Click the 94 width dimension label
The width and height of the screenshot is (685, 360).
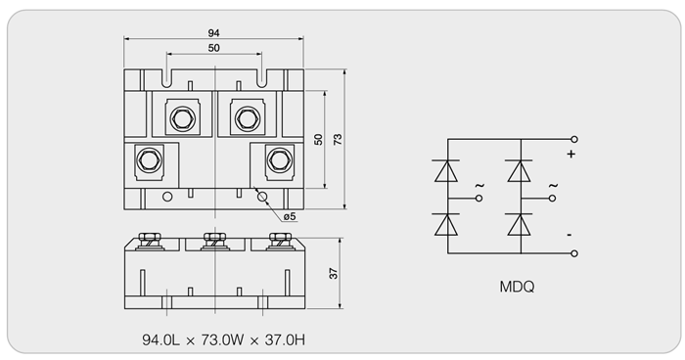pyautogui.click(x=213, y=33)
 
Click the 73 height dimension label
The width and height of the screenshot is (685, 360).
pyautogui.click(x=338, y=139)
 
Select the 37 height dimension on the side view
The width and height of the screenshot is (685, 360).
pyautogui.click(x=334, y=274)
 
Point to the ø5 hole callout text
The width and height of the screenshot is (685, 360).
pyautogui.click(x=290, y=216)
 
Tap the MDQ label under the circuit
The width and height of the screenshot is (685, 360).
pyautogui.click(x=517, y=287)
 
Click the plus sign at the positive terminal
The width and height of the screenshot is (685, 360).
pyautogui.click(x=571, y=154)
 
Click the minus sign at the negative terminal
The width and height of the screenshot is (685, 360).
pyautogui.click(x=570, y=235)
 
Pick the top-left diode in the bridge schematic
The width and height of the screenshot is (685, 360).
pyautogui.click(x=446, y=171)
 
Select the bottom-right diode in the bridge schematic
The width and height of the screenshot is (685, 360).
pyautogui.click(x=520, y=225)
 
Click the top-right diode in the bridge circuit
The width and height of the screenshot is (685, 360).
pyautogui.click(x=520, y=171)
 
